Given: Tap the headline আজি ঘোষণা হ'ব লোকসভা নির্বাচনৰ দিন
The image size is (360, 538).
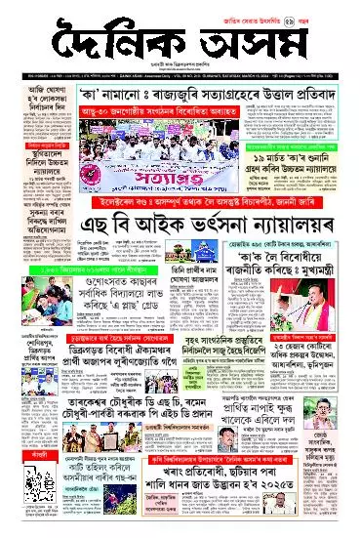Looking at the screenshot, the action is click(35, 103).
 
